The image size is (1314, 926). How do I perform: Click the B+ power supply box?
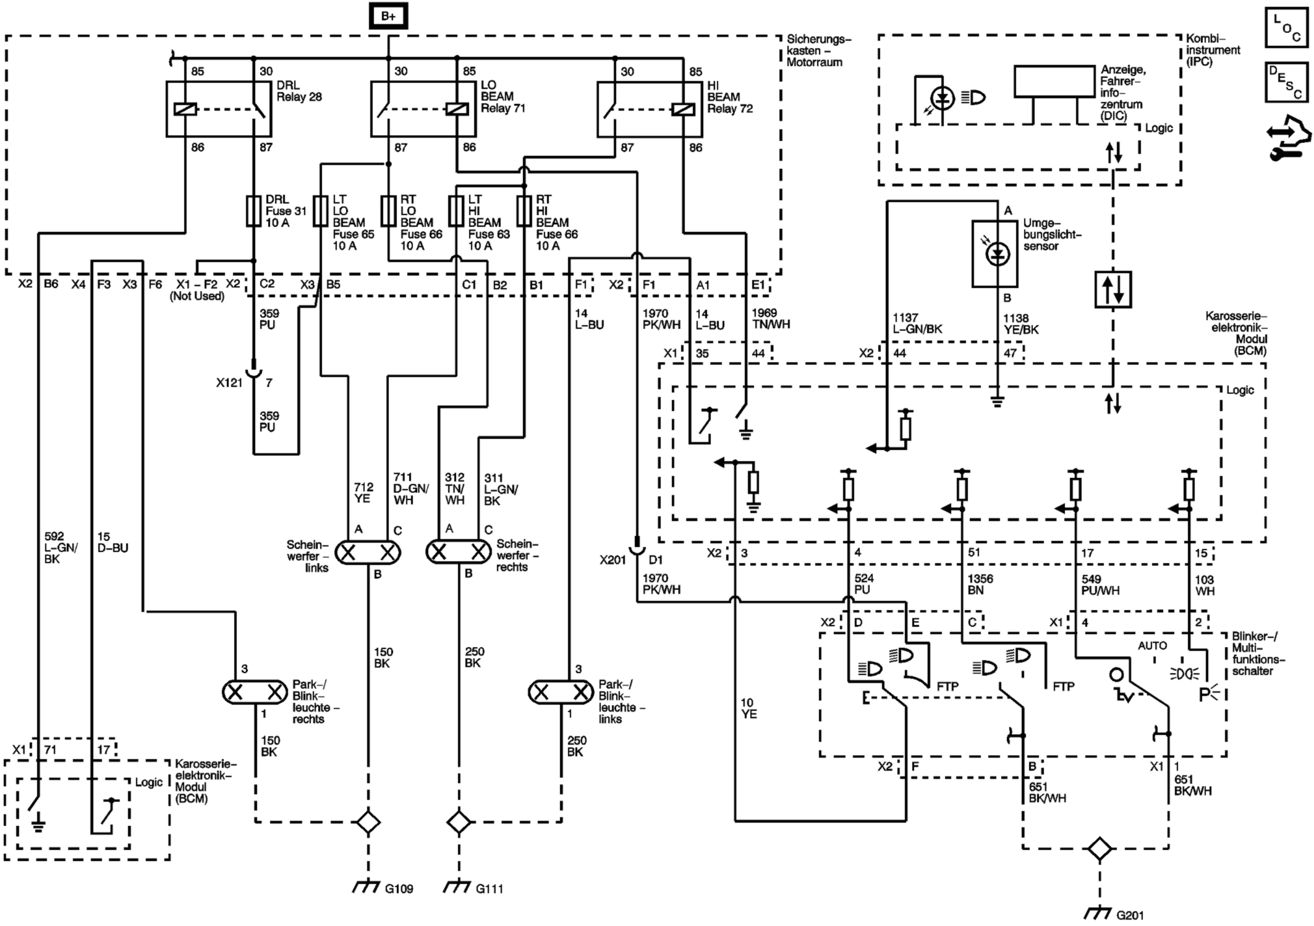pos(388,16)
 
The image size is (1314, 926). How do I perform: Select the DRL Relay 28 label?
pos(299,91)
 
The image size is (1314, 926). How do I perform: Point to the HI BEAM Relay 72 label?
pos(729,97)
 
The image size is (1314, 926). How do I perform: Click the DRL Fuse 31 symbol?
pos(253,211)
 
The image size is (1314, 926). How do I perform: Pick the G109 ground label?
pos(399,889)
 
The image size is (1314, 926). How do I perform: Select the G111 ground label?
pos(489,889)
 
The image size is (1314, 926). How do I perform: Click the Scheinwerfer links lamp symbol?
pos(368,553)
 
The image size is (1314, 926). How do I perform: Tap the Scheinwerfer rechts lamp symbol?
pos(459,551)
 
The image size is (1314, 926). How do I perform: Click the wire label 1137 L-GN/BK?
pos(917,323)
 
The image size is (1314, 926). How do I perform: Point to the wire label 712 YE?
pos(362,493)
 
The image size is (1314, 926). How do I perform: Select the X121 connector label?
pos(229,383)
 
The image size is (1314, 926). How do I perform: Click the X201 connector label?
pos(612,560)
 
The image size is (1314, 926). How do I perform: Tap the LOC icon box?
pos(1287,28)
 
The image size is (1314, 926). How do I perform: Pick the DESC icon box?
pos(1287,82)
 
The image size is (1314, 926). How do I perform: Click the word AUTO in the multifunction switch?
pos(1152,646)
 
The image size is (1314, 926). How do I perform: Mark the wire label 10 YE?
pos(748,708)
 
